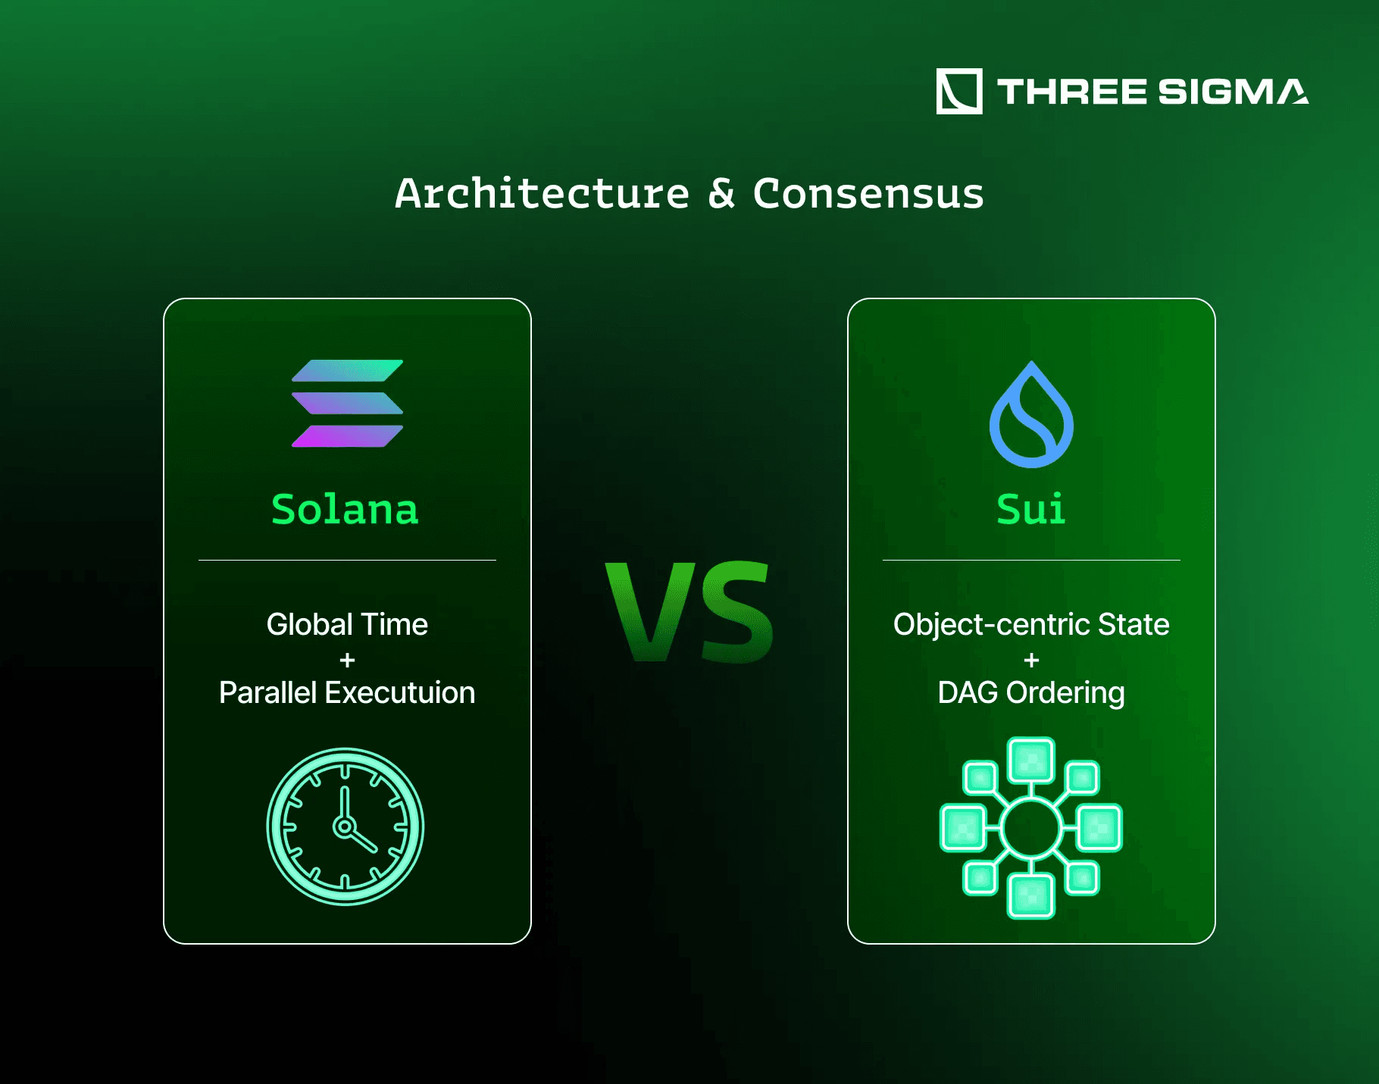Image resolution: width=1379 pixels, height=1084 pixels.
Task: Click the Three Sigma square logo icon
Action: tap(959, 92)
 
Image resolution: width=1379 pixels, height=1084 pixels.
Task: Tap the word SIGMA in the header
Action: tap(1234, 92)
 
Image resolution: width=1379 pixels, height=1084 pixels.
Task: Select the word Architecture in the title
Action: tap(543, 194)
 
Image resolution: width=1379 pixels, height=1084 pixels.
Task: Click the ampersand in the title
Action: tap(721, 194)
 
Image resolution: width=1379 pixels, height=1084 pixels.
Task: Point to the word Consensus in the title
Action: tap(868, 194)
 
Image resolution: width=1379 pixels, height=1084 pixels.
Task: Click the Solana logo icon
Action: tap(347, 403)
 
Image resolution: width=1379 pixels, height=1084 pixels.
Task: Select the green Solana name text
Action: tap(345, 509)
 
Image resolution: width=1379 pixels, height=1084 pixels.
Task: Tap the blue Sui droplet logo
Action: tap(1031, 414)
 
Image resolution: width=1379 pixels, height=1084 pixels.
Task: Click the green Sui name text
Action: tap(1030, 508)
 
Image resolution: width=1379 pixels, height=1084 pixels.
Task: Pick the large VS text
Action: tap(689, 612)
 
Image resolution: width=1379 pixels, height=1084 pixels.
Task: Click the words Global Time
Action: tap(347, 624)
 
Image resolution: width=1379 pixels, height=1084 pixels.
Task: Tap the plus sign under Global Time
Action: tap(347, 661)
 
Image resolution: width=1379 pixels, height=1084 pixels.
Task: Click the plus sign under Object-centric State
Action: tap(1031, 661)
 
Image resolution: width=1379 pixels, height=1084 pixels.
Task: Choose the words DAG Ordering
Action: tap(1031, 694)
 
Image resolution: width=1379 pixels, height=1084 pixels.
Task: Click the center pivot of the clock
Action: tap(345, 826)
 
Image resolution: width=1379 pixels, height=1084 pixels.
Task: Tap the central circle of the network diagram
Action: tap(1030, 828)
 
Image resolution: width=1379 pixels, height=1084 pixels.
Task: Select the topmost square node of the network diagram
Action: tap(1030, 760)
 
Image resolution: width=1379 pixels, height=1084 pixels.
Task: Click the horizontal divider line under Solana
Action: tap(347, 560)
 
